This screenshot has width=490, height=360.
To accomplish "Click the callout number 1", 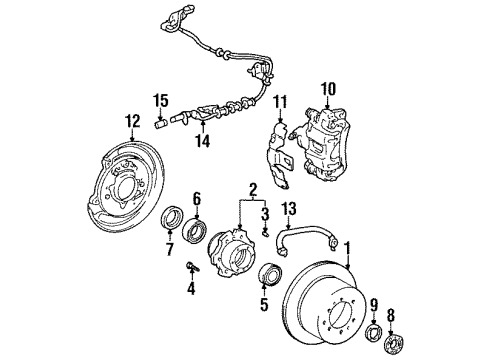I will click(x=347, y=246).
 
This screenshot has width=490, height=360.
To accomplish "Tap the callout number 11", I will click(x=281, y=100).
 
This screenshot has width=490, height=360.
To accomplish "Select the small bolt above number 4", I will click(x=190, y=265).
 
